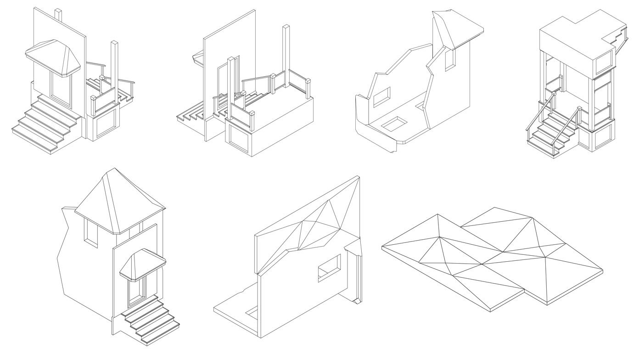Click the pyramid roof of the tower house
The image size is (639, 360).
pyautogui.click(x=117, y=202)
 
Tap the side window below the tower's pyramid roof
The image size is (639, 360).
pyautogui.click(x=91, y=233)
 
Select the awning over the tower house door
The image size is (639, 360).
pyautogui.click(x=142, y=264)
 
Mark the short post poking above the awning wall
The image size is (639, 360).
pyautogui.click(x=58, y=13)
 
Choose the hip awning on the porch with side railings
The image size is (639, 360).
pyautogui.click(x=53, y=57)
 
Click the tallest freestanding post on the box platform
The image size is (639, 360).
pyautogui.click(x=287, y=55)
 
